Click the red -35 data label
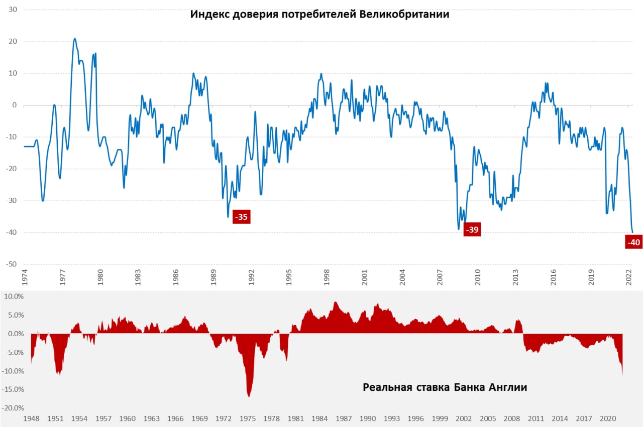242,217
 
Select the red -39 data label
472,230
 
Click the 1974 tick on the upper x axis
24,278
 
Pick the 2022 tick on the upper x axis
629,278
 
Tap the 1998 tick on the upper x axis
327,278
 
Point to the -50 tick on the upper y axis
11,264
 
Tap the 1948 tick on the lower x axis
31,418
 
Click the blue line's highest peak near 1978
75,39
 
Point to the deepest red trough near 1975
249,396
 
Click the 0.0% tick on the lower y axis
14,334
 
